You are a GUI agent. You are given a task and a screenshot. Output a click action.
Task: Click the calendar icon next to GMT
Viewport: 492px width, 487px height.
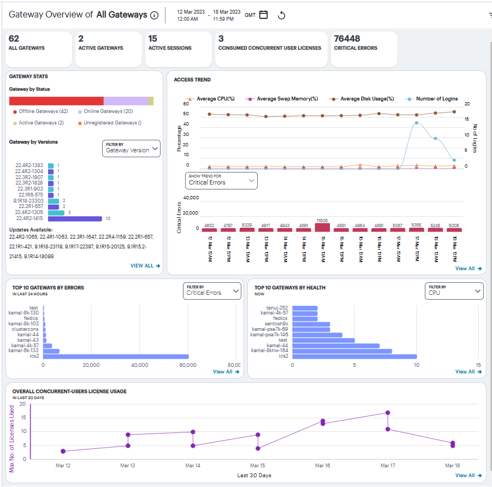click(x=264, y=15)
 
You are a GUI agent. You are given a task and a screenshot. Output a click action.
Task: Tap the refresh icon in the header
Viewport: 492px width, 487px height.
click(x=282, y=15)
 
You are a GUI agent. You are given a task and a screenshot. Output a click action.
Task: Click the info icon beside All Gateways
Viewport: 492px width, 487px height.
click(x=154, y=15)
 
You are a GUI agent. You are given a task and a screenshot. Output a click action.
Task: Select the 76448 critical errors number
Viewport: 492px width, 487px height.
click(x=347, y=39)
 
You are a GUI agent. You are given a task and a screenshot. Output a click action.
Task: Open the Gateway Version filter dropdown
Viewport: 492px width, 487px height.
click(x=131, y=148)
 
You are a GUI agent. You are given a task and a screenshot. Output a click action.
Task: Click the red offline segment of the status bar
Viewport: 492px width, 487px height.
click(x=56, y=101)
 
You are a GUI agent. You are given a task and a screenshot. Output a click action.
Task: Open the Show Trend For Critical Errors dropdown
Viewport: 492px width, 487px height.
click(x=221, y=180)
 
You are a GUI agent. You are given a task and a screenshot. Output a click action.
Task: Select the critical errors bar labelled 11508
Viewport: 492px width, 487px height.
click(x=323, y=227)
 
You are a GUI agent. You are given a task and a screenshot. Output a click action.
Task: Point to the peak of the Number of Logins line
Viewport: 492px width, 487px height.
click(x=417, y=123)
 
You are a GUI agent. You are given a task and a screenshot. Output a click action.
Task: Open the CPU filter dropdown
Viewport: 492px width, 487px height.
click(x=454, y=290)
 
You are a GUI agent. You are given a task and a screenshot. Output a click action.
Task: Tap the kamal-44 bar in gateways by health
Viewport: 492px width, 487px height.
click(x=336, y=346)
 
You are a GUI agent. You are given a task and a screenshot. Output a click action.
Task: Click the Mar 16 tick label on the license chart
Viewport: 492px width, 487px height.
click(x=323, y=466)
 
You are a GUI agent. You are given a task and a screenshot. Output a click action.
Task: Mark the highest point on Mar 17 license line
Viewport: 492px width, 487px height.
click(x=388, y=413)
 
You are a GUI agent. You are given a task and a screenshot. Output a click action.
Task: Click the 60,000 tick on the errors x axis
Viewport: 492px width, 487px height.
click(x=188, y=365)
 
